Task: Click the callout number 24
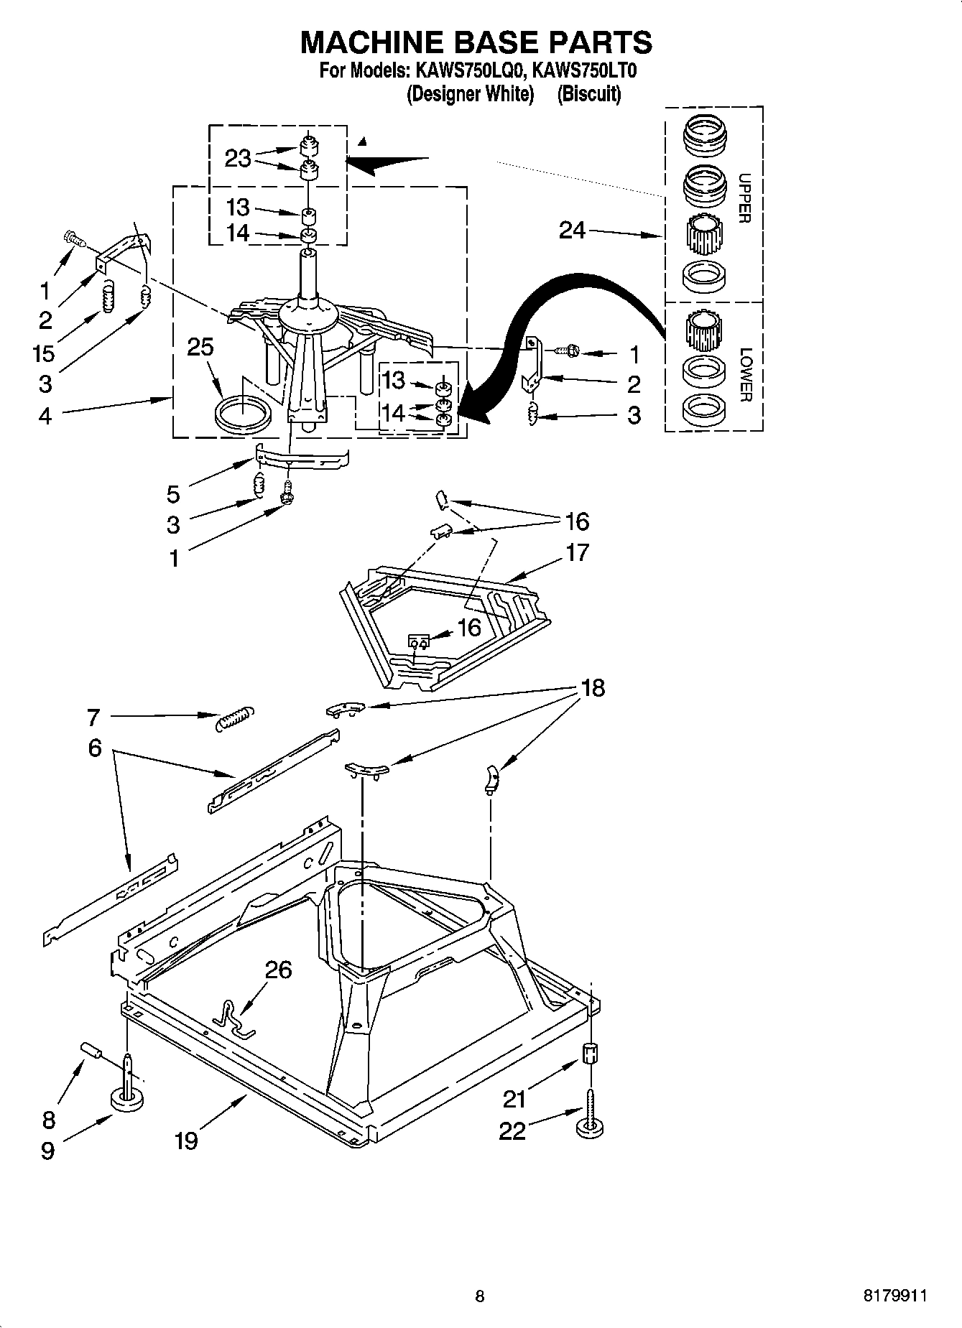572,231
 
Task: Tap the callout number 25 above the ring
200,347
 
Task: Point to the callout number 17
577,552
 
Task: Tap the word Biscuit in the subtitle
589,93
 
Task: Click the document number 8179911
894,1296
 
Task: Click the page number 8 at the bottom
480,1296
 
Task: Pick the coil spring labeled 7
234,718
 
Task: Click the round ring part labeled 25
243,416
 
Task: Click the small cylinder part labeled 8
91,1050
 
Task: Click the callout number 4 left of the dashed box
45,415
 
